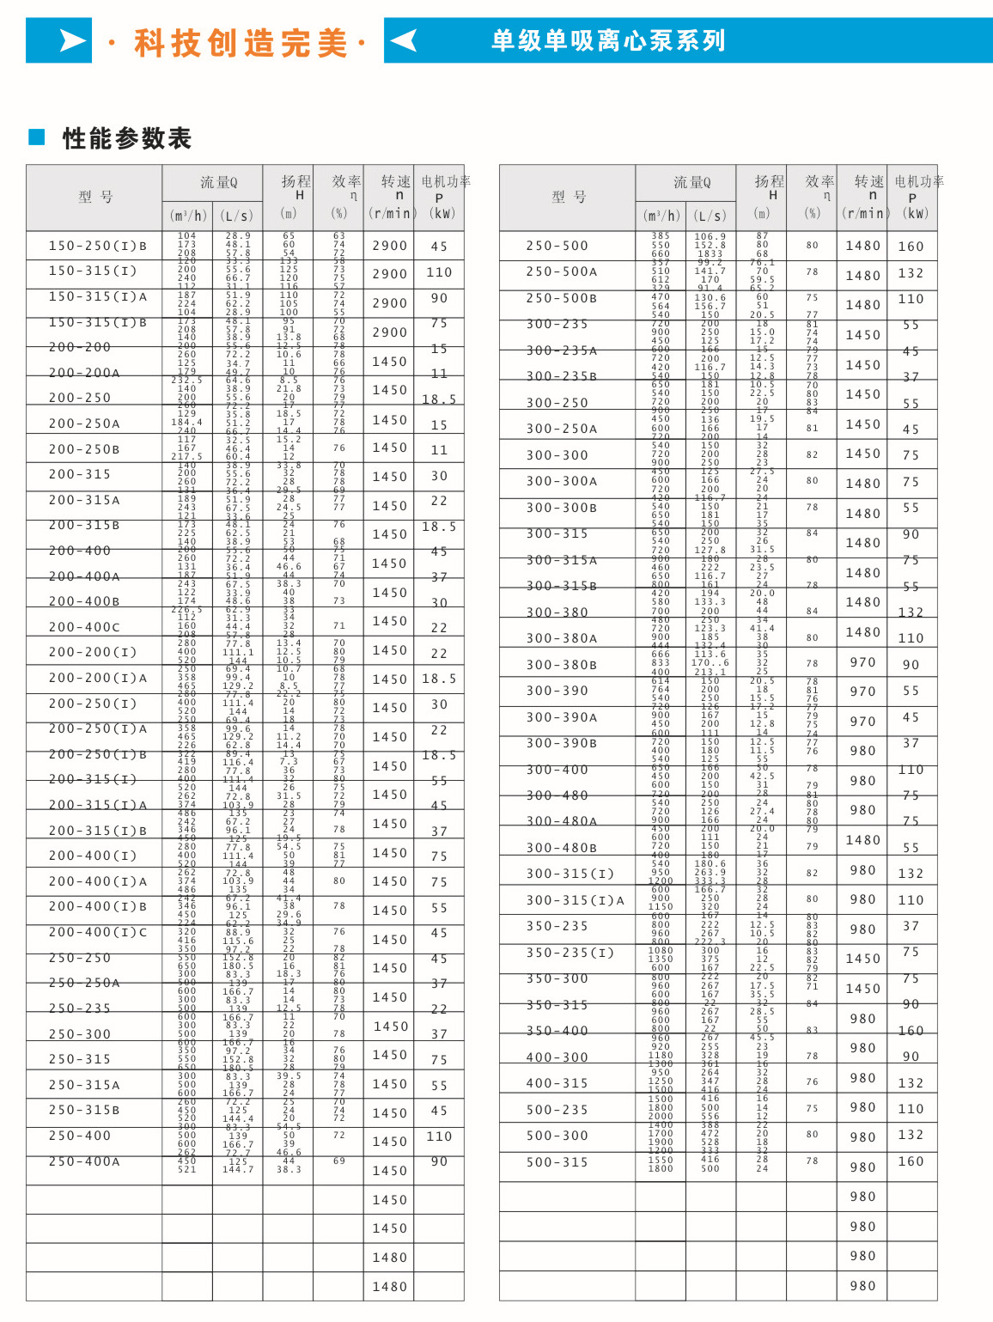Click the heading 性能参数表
tap(126, 138)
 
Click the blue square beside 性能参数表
tap(37, 137)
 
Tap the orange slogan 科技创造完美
tap(241, 42)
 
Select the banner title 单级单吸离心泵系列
tap(608, 40)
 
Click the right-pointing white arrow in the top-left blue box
tap(72, 40)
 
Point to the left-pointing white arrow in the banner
tap(403, 40)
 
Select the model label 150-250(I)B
tap(98, 246)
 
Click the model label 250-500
tap(557, 246)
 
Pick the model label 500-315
tap(557, 1162)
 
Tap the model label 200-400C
tap(84, 627)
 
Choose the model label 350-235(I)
tap(570, 953)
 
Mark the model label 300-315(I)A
tap(576, 900)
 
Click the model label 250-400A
tap(84, 1161)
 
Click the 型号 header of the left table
tap(94, 197)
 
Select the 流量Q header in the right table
tap(691, 182)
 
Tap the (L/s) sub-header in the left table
tap(237, 216)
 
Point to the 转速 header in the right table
tap(868, 181)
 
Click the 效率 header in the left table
tap(346, 181)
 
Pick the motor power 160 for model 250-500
tap(911, 247)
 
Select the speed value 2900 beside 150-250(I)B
tap(390, 246)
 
